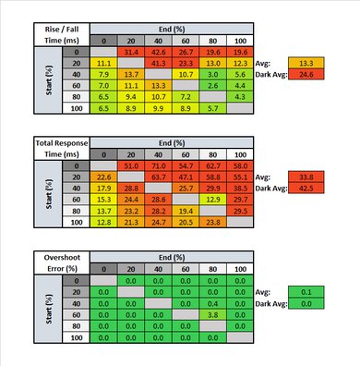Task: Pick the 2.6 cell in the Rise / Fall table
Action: (212, 85)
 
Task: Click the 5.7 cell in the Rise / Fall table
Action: (212, 107)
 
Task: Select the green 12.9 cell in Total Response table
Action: (212, 198)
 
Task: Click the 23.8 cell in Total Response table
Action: (212, 220)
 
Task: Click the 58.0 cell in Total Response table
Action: (240, 165)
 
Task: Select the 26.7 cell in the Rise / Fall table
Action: (186, 53)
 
